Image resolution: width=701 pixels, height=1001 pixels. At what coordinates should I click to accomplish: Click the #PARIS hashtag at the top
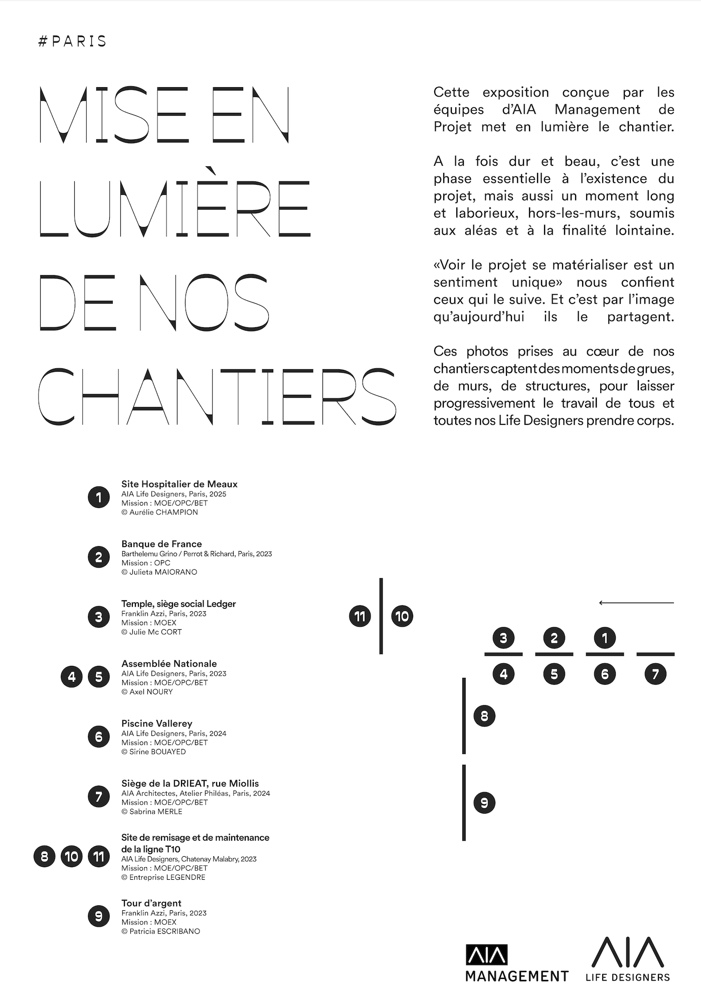coord(72,41)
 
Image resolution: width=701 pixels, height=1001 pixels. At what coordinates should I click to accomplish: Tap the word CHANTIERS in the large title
coord(217,396)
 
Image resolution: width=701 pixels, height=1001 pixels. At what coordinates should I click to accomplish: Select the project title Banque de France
coord(161,544)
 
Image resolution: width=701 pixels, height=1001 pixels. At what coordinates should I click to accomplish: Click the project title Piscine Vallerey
coord(156,723)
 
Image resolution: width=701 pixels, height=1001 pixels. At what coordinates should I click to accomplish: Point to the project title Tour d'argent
coord(151,903)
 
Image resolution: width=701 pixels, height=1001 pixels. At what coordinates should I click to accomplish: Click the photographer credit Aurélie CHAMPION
coord(159,512)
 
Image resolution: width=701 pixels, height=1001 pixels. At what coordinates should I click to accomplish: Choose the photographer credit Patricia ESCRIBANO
coord(160,931)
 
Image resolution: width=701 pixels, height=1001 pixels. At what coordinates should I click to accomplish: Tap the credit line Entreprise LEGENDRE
coord(163,877)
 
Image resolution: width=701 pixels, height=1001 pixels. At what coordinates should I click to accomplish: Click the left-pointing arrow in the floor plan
coord(636,603)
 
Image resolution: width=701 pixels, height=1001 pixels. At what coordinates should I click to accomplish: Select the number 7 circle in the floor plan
coord(655,674)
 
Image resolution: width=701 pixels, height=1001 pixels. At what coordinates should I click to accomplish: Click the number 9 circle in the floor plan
coord(484,803)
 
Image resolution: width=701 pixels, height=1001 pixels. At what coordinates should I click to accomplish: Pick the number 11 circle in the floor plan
coord(360,616)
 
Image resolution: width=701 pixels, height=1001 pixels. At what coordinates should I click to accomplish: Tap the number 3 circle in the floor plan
coord(503,638)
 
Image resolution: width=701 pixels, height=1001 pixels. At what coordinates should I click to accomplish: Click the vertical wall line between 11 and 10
coord(381,616)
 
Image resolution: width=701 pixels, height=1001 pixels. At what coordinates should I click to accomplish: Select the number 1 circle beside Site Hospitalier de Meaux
coord(99,497)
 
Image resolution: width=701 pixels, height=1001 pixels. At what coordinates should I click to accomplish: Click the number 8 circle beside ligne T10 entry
coord(45,856)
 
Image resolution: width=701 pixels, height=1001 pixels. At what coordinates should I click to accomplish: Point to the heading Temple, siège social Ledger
coord(178,604)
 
